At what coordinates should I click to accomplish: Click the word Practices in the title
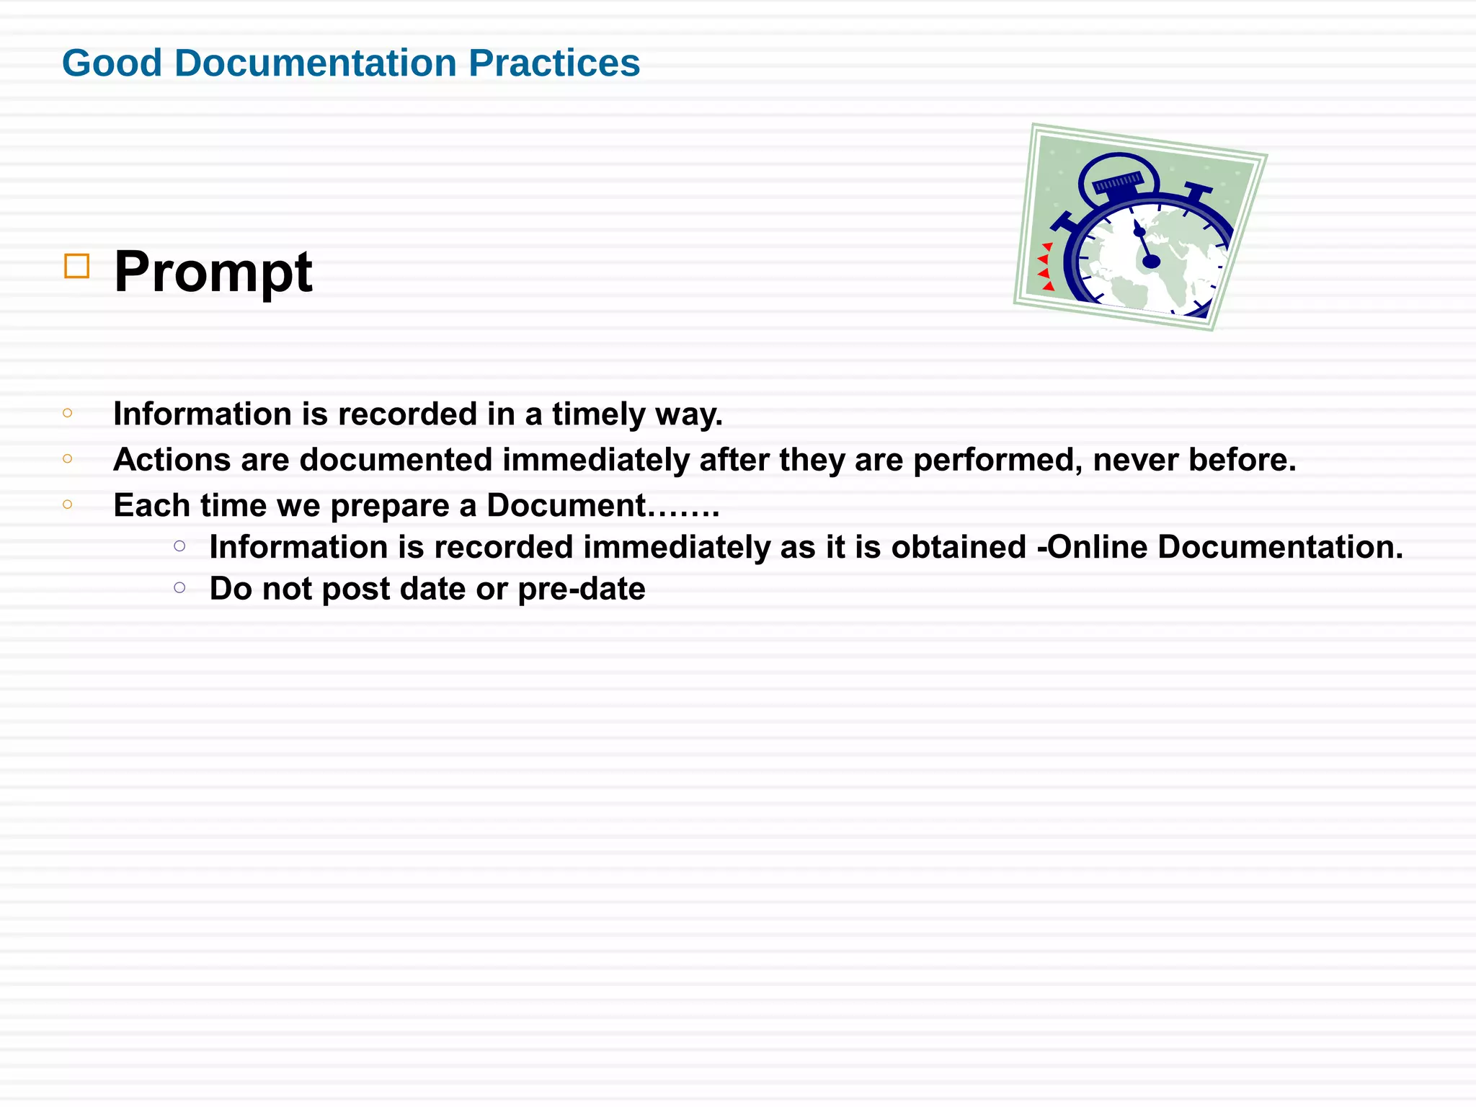point(553,63)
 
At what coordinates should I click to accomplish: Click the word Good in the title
point(112,63)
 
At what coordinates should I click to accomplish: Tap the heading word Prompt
point(213,272)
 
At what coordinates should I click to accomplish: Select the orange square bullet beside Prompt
point(76,266)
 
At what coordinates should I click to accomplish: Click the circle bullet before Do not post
point(179,588)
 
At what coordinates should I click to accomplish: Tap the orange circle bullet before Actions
point(68,458)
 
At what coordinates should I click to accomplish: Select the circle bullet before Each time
point(68,504)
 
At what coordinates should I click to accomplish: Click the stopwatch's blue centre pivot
point(1151,261)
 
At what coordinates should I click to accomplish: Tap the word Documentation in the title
point(315,63)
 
